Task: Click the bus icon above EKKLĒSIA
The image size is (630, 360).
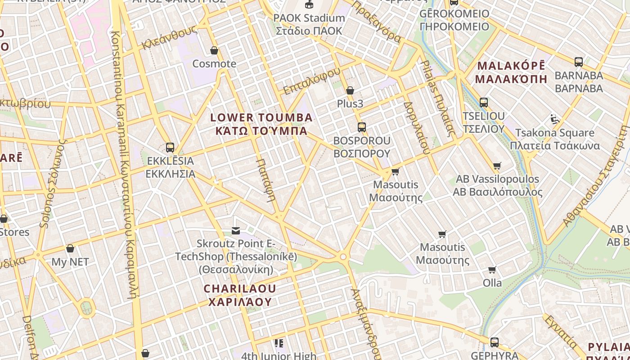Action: click(x=170, y=147)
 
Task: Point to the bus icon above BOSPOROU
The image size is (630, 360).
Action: click(x=362, y=127)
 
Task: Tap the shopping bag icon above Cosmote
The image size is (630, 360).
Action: click(x=214, y=50)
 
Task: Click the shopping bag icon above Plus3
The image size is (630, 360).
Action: click(x=350, y=90)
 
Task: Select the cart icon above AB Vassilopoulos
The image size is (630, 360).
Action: click(x=497, y=166)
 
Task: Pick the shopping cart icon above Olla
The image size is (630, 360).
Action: click(x=492, y=270)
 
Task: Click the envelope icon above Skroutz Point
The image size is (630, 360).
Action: click(x=236, y=231)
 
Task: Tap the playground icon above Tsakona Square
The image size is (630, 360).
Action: click(x=555, y=119)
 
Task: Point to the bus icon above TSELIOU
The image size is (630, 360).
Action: click(x=484, y=103)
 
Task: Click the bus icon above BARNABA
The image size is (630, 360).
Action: click(x=579, y=62)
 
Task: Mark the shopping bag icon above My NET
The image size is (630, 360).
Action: click(x=70, y=248)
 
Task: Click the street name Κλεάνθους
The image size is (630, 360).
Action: click(x=169, y=38)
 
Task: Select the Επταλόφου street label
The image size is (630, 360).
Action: click(x=311, y=81)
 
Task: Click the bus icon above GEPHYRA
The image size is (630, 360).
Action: click(x=495, y=342)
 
